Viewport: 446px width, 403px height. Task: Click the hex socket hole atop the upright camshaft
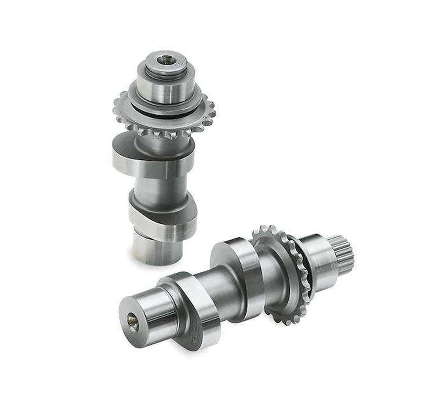coord(166,60)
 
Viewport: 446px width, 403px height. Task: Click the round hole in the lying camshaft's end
coord(133,322)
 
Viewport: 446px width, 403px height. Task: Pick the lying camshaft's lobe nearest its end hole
coord(195,311)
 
